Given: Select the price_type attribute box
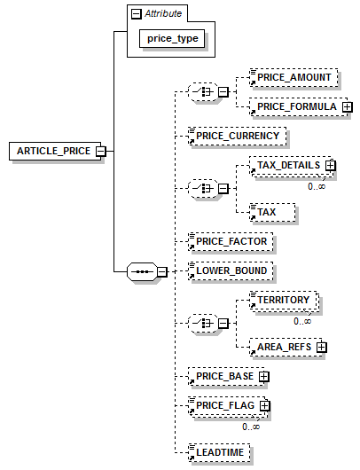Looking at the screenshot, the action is coord(172,38).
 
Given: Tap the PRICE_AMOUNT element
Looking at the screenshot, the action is coord(293,78).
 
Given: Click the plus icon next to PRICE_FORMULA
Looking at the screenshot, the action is coord(347,106).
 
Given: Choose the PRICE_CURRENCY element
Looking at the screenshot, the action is coord(238,136).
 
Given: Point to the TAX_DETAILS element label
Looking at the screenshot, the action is coord(289,166).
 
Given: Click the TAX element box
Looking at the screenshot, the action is coord(272,212).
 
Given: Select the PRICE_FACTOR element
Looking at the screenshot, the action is coord(231,241).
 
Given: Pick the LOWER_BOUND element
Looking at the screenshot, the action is coord(231,271).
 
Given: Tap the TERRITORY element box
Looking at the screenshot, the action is coord(283,300).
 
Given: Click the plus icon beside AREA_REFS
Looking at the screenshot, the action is coord(321,347).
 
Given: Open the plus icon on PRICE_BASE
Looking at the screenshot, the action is coord(263,377).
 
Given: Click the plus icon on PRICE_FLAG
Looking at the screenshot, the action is coord(264,406).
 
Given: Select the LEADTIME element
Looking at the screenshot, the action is coord(219,452).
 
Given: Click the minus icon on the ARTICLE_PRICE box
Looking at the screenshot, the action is coord(101,151).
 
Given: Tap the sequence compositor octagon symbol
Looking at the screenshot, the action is coord(142,271).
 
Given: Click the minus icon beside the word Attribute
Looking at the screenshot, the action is coord(137,14).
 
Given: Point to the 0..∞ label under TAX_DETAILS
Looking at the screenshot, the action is coord(317,186).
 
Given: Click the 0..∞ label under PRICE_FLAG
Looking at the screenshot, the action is coord(251,427).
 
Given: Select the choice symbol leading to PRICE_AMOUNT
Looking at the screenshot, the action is coord(203,91).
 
